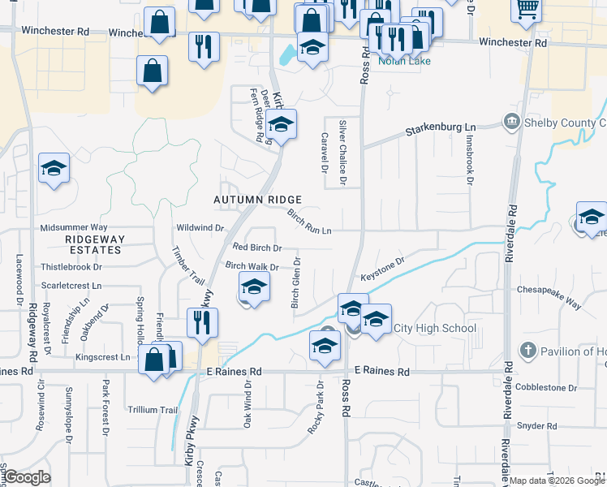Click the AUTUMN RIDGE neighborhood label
click(257, 200)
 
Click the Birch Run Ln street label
click(310, 221)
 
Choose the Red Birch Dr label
click(257, 248)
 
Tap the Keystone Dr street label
click(382, 267)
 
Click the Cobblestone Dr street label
click(545, 388)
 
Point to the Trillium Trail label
click(152, 410)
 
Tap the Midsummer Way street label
click(74, 228)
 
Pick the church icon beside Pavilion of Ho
click(528, 351)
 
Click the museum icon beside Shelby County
click(512, 123)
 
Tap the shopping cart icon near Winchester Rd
click(527, 9)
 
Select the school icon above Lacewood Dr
click(54, 168)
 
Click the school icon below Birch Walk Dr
click(254, 287)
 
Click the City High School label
click(434, 328)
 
